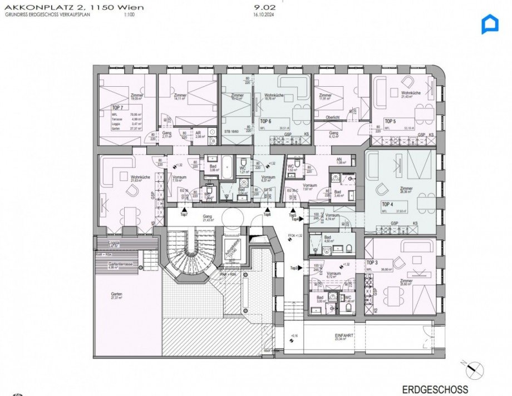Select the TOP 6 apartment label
[x=265, y=121]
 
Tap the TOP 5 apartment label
[x=390, y=121]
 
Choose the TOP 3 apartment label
[x=372, y=262]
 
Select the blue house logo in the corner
[x=490, y=24]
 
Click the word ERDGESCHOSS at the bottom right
[x=435, y=390]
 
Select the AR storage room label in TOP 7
[x=198, y=133]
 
